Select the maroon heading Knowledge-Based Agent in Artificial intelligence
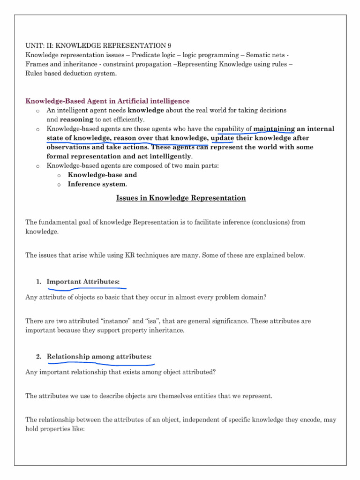(x=107, y=101)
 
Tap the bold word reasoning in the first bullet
(x=77, y=120)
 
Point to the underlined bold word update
(x=223, y=138)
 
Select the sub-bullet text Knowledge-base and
(x=102, y=175)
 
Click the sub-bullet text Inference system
(x=97, y=184)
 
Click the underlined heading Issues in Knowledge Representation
(x=180, y=198)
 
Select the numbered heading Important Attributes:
(x=83, y=282)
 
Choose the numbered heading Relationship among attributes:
(x=99, y=357)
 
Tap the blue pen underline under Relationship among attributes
(x=101, y=364)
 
